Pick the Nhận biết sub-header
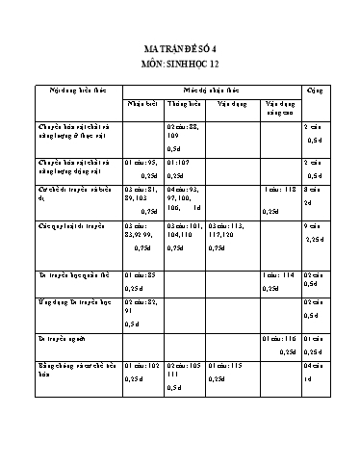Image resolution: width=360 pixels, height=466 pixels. pos(141,102)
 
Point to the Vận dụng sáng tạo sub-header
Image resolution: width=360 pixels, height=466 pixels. pos(279,106)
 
